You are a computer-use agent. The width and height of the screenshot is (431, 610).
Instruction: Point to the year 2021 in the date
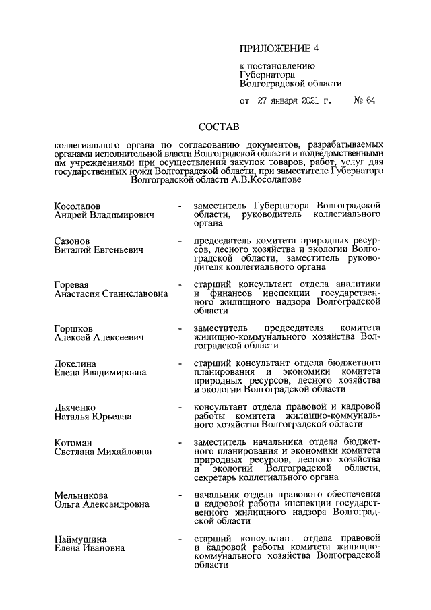pyautogui.click(x=305, y=101)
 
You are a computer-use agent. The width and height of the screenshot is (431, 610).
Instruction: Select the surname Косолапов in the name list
pyautogui.click(x=77, y=204)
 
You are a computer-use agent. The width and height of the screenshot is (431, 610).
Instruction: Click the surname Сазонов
pyautogui.click(x=72, y=240)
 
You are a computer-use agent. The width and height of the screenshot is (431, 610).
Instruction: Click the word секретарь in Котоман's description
pyautogui.click(x=218, y=477)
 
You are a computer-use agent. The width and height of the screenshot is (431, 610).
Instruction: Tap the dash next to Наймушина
pyautogui.click(x=178, y=539)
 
